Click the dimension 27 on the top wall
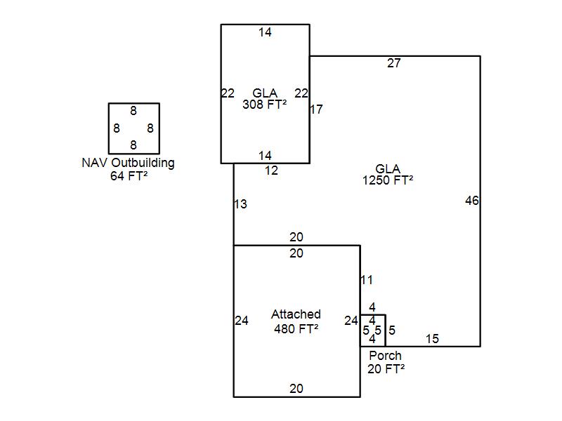click(394, 63)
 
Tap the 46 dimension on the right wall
click(472, 201)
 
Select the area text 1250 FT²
click(388, 180)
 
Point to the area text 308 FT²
click(264, 105)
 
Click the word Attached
click(296, 314)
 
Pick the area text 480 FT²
click(296, 328)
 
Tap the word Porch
click(385, 356)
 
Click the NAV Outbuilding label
click(128, 163)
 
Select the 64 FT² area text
click(129, 176)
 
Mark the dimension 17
click(316, 109)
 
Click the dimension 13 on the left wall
click(240, 204)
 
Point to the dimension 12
click(271, 171)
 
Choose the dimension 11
click(367, 280)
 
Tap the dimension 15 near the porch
click(432, 339)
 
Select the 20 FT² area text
click(386, 368)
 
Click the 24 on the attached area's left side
click(242, 321)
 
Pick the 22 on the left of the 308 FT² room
click(228, 93)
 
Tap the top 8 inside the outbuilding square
click(133, 111)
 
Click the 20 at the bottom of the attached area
click(296, 389)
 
